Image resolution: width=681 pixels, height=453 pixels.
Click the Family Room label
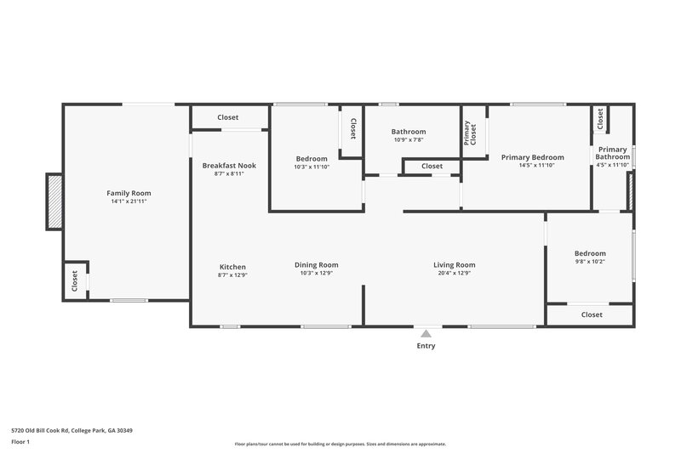click(128, 193)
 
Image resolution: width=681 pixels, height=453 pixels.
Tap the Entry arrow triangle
click(426, 334)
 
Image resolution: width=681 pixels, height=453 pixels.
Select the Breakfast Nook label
click(229, 165)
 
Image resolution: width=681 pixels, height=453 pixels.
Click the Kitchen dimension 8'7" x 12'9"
click(232, 274)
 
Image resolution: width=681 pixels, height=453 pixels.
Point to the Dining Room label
click(317, 264)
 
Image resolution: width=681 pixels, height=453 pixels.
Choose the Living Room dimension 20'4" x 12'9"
click(454, 274)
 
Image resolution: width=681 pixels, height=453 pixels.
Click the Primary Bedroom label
click(532, 157)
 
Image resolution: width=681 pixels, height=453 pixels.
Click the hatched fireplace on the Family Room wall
click(54, 201)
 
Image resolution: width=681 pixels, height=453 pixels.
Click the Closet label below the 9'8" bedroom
click(592, 314)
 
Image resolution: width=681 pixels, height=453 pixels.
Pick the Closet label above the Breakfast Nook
click(227, 117)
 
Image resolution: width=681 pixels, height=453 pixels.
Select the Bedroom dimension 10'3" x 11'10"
click(312, 167)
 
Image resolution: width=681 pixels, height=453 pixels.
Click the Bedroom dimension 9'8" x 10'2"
click(590, 262)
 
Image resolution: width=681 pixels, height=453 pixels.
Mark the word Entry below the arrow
click(426, 346)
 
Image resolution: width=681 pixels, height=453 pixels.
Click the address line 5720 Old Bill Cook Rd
click(72, 430)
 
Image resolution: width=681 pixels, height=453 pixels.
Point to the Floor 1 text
click(20, 442)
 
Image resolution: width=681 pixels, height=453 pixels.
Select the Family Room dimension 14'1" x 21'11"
click(128, 202)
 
